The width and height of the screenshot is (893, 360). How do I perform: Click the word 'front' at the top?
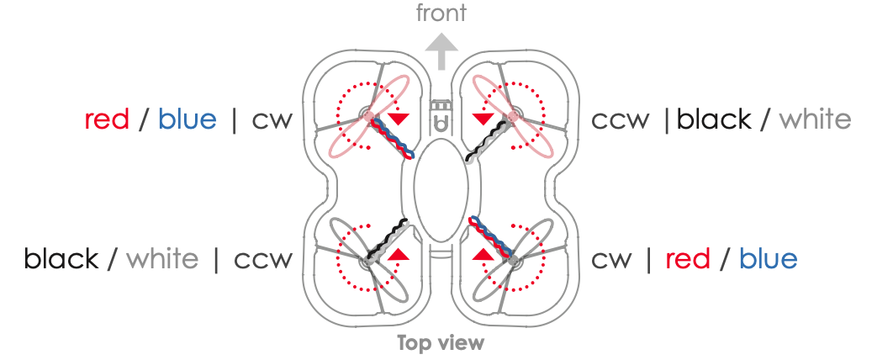point(441,13)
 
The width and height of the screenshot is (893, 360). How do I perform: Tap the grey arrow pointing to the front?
point(441,51)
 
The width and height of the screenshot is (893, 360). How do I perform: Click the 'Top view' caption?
point(441,342)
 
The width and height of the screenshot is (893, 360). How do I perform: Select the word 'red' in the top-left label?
point(107,119)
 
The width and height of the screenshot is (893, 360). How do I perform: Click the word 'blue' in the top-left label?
point(188,119)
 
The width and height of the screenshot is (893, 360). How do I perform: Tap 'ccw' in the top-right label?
point(620,120)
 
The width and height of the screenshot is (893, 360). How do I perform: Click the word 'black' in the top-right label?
point(714,119)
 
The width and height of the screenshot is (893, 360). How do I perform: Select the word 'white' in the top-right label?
point(815,119)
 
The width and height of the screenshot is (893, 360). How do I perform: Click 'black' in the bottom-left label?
point(61,258)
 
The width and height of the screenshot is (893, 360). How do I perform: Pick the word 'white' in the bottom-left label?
point(162,258)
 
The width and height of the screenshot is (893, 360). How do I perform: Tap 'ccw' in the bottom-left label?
point(262,259)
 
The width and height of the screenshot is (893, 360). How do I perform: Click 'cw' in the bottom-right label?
point(612,259)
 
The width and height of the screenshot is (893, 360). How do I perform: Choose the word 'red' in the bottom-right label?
point(688,258)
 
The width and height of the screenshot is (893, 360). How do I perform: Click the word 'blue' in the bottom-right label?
point(769,258)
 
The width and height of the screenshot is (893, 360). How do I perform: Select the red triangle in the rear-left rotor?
point(399,253)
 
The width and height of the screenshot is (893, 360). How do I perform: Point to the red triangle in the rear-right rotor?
point(483,253)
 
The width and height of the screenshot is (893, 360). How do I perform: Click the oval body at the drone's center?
point(441,192)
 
